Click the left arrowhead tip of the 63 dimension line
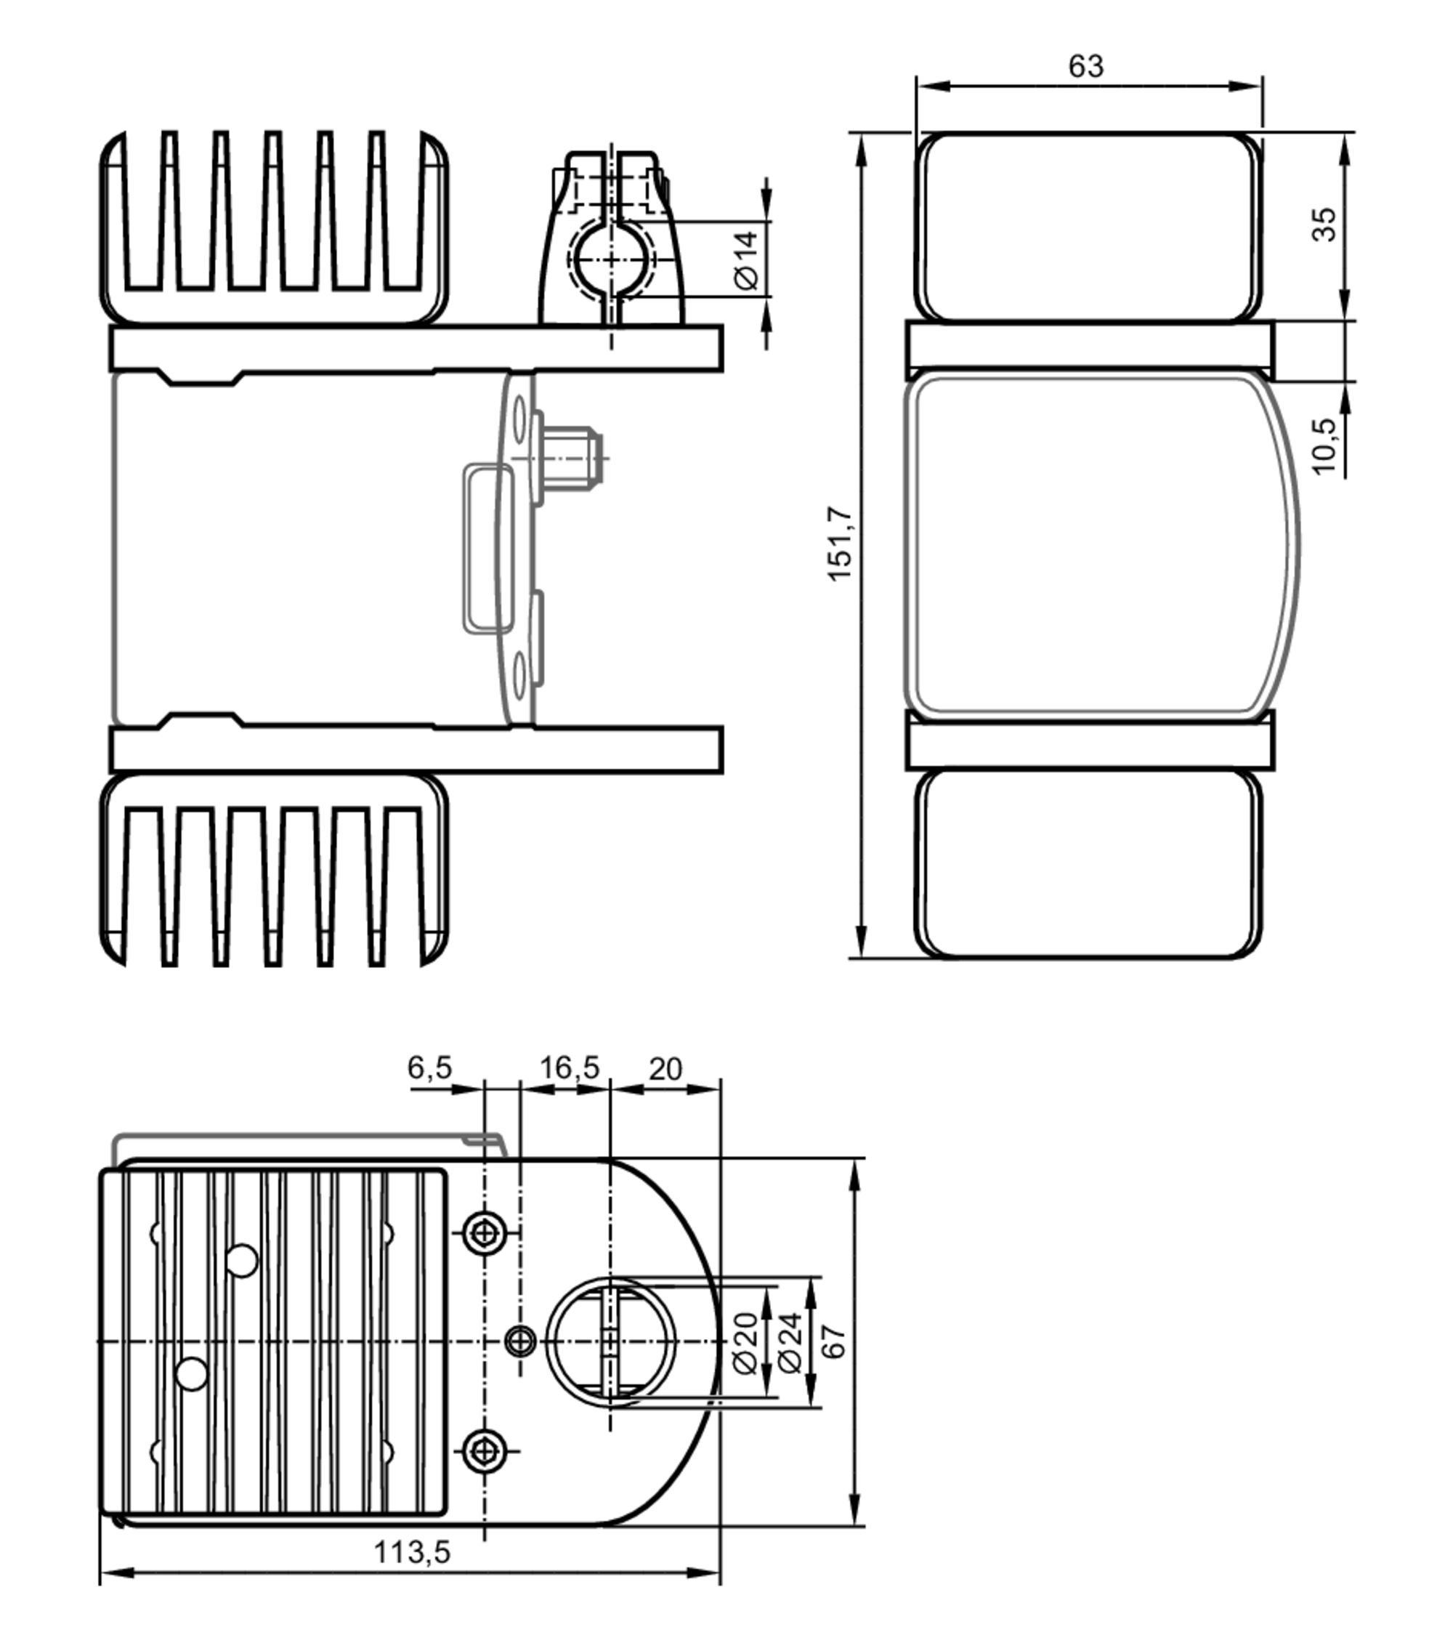pos(918,86)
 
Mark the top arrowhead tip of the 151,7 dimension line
pos(861,134)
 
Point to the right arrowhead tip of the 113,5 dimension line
pos(720,1573)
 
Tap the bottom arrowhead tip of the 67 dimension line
pos(855,1525)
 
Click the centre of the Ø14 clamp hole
pos(612,260)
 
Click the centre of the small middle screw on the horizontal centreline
pos(522,1340)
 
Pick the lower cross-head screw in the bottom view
pos(485,1450)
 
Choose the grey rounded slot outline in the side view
pos(487,549)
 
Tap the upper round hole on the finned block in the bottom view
pos(241,1261)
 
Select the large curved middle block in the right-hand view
pos(1102,546)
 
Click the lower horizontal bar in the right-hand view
pos(1090,746)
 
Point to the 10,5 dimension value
pos(1324,445)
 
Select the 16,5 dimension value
pos(570,1067)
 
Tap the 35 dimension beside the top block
pos(1324,224)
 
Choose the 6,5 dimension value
pos(429,1067)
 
